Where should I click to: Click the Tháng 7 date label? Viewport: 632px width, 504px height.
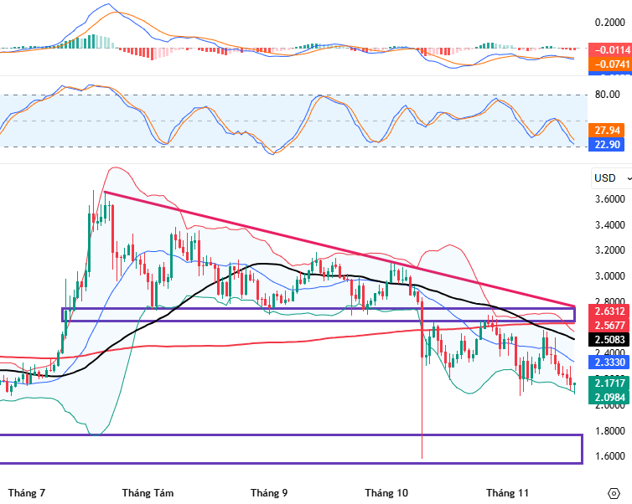coord(27,493)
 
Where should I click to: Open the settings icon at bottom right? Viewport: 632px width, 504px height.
coord(613,492)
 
